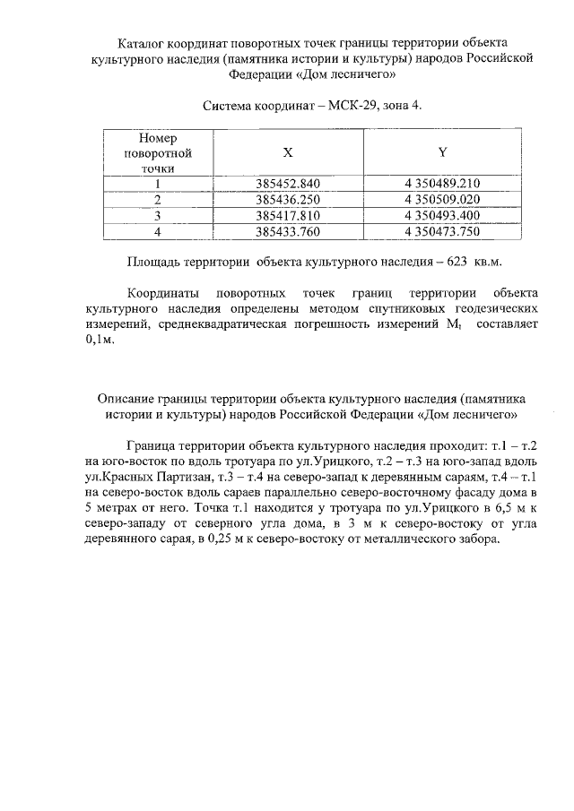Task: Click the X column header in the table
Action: coord(287,153)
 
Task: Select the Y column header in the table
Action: coord(442,153)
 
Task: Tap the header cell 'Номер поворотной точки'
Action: coord(157,153)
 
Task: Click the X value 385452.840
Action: coord(287,185)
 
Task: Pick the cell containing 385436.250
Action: coord(287,200)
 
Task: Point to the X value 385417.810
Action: coord(287,216)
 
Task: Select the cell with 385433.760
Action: coord(287,232)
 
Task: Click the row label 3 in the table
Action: coord(157,216)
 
